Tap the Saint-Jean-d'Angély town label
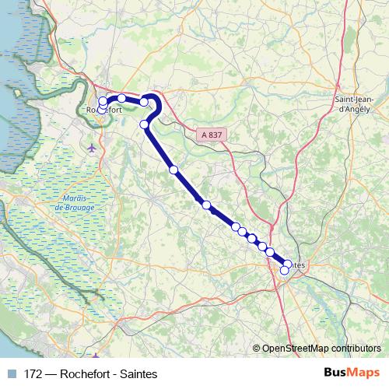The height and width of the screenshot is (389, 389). point(355,105)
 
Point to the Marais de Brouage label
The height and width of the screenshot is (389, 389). point(75,201)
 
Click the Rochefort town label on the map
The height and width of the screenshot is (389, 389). point(105,110)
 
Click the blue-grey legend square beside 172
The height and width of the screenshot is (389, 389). point(12,374)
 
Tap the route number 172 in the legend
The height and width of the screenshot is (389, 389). point(33,374)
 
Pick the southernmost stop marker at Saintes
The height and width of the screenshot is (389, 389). point(285,270)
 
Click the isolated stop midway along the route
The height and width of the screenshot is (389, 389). point(174,170)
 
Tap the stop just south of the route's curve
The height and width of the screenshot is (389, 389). point(144,124)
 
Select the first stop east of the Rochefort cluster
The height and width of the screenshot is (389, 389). point(121,98)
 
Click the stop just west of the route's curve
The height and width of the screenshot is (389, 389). point(144,101)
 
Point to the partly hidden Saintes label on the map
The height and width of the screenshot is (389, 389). point(300,265)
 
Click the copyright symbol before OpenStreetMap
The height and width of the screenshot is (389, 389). point(256,348)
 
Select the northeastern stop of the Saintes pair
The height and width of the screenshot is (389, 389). point(289,264)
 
